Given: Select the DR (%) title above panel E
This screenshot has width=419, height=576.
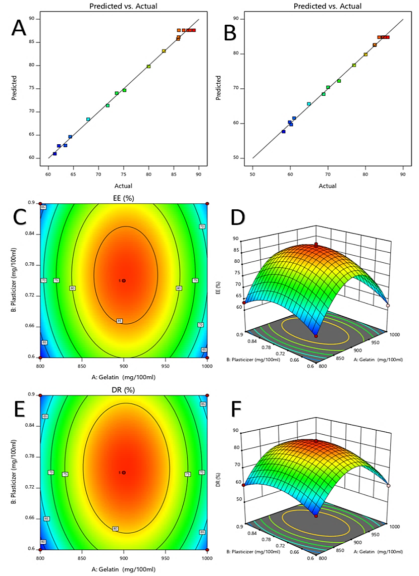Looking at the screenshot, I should [x=124, y=389].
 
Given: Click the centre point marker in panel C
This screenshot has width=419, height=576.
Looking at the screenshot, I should [x=123, y=280].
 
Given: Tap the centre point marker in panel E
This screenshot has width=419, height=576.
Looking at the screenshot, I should [x=123, y=473].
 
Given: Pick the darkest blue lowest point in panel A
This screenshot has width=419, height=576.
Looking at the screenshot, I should [x=55, y=153].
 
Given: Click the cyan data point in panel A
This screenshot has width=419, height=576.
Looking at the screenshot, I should [x=88, y=120].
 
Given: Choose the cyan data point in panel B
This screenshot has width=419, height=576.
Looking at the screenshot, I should [x=309, y=104].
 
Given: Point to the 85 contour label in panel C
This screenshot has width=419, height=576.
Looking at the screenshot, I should [x=119, y=321].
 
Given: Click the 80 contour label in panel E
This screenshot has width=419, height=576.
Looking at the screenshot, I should [x=116, y=529].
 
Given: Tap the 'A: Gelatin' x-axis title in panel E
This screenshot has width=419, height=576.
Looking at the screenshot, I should [x=124, y=569].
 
